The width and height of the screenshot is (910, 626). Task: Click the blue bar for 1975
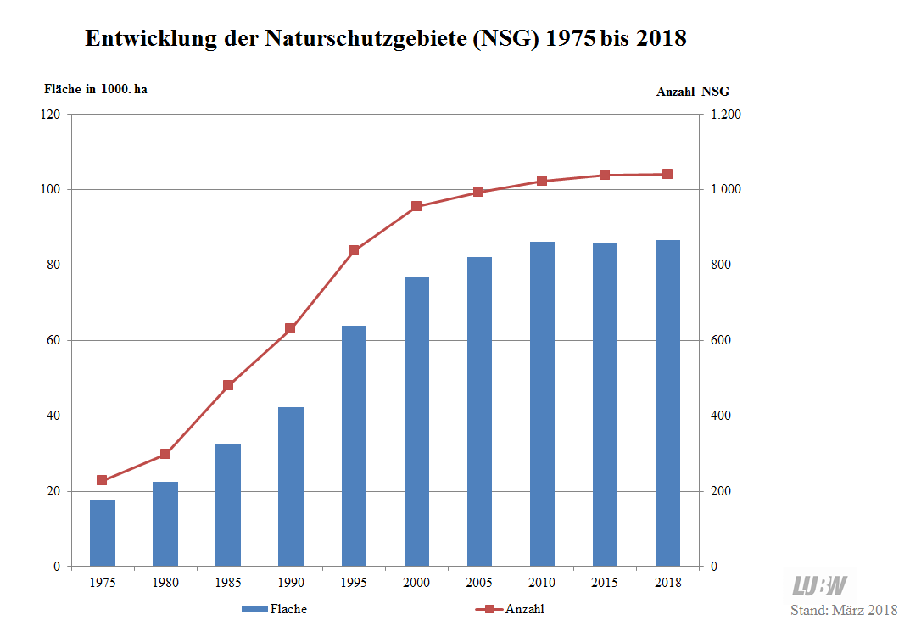pyautogui.click(x=103, y=533)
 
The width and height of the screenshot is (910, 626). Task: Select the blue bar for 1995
pyautogui.click(x=354, y=446)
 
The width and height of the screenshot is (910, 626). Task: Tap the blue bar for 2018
pyautogui.click(x=667, y=403)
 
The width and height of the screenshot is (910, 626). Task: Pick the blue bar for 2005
pyautogui.click(x=479, y=411)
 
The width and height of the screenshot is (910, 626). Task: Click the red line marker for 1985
pyautogui.click(x=228, y=386)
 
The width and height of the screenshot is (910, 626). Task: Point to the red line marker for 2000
pyautogui.click(x=416, y=206)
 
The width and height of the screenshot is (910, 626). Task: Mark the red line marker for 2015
pyautogui.click(x=605, y=175)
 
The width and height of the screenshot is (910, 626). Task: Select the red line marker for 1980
pyautogui.click(x=165, y=454)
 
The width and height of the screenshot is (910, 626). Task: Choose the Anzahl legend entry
pyautogui.click(x=512, y=609)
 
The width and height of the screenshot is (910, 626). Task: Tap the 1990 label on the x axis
pyautogui.click(x=291, y=583)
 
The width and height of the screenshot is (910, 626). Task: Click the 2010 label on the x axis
pyautogui.click(x=542, y=583)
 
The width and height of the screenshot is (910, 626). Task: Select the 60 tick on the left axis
pyautogui.click(x=53, y=341)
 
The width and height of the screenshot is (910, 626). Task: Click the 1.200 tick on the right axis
pyautogui.click(x=725, y=115)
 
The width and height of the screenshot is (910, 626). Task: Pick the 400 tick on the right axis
pyautogui.click(x=722, y=416)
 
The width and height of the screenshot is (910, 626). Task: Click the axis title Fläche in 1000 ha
pyautogui.click(x=95, y=89)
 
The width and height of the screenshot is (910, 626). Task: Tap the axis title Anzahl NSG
pyautogui.click(x=693, y=92)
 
